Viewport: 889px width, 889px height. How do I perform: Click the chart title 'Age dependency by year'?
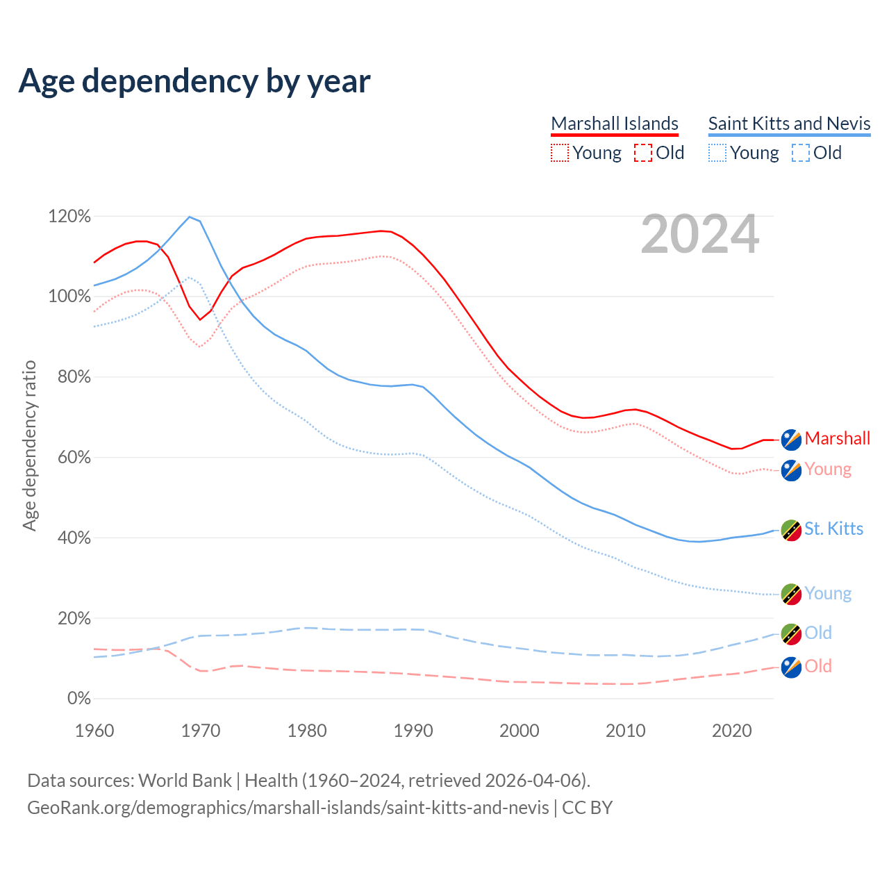194,81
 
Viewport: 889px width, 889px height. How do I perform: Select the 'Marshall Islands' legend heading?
615,124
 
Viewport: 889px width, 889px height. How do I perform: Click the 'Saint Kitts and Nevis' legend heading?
789,124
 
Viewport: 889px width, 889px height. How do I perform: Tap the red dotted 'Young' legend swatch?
560,153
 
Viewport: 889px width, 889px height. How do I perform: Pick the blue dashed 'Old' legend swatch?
800,153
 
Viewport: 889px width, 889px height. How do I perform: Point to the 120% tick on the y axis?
69,217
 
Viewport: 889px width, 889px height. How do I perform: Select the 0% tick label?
78,699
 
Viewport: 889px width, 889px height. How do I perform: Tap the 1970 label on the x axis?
201,731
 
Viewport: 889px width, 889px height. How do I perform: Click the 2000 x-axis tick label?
520,731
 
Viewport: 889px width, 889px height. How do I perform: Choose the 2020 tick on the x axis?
732,731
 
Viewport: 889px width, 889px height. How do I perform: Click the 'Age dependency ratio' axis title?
29,445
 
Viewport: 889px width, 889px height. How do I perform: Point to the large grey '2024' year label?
699,234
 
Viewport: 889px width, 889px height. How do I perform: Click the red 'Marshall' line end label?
837,438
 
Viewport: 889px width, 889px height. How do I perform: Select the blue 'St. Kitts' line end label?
833,529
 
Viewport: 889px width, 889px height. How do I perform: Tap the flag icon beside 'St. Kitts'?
791,530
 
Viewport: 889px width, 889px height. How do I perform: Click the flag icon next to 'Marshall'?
791,439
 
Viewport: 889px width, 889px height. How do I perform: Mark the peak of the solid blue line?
190,217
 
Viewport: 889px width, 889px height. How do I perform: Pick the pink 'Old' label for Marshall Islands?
818,666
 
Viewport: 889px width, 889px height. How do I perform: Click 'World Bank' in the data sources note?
185,781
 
